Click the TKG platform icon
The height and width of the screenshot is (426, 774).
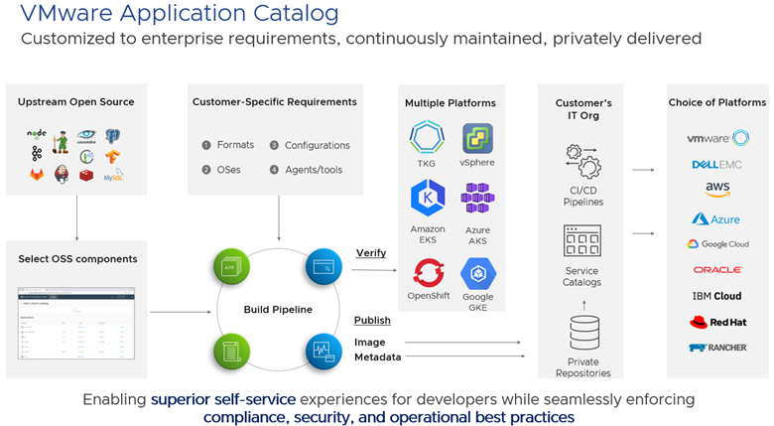point(427,137)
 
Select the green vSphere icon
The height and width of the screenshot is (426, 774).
point(477,137)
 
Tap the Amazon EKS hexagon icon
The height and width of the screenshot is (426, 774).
point(427,199)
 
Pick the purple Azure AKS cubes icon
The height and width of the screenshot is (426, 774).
point(477,199)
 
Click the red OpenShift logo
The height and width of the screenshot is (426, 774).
point(429,271)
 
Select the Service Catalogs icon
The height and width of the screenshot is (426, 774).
point(582,241)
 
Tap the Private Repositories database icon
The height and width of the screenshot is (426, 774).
point(582,331)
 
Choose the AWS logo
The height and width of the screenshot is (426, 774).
point(718,189)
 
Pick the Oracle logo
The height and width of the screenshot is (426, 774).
point(718,269)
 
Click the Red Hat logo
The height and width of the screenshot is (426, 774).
point(718,322)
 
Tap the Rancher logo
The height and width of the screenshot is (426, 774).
point(718,348)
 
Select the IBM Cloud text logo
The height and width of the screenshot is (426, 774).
point(718,296)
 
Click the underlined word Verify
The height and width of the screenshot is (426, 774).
point(370,253)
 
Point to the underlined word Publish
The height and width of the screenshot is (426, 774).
point(372,320)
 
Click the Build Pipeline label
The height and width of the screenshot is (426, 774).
point(278,310)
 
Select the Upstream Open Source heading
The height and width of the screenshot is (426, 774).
point(76,102)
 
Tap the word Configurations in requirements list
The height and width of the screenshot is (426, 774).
point(318,145)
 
